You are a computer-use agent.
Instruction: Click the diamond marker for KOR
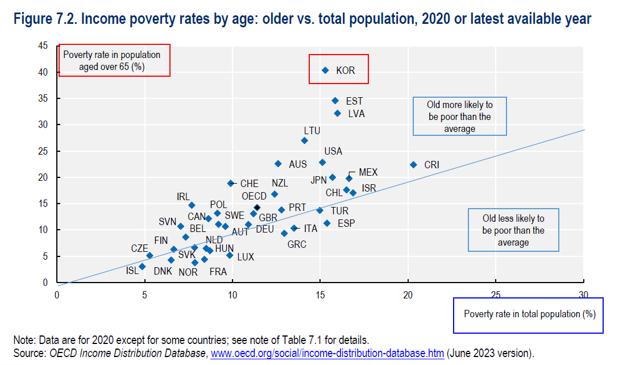point(325,70)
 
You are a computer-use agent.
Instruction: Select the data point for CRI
point(413,165)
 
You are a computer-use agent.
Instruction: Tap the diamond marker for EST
point(335,101)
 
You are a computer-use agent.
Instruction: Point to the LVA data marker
point(338,114)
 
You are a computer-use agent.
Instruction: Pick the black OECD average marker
point(257,208)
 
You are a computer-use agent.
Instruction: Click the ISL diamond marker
point(142,266)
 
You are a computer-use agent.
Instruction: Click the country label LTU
point(312,131)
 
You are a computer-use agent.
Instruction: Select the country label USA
point(333,151)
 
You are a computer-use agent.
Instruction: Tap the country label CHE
point(249,184)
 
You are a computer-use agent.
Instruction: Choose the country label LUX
point(245,257)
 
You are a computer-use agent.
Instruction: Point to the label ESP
point(346,223)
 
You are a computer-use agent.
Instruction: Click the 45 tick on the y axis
point(43,46)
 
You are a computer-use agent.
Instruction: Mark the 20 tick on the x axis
point(408,294)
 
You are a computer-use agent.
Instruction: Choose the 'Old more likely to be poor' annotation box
point(459,117)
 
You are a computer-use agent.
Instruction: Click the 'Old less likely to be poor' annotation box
point(513,230)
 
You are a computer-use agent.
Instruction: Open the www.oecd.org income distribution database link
point(327,353)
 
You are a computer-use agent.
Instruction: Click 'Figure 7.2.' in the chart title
point(45,19)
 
